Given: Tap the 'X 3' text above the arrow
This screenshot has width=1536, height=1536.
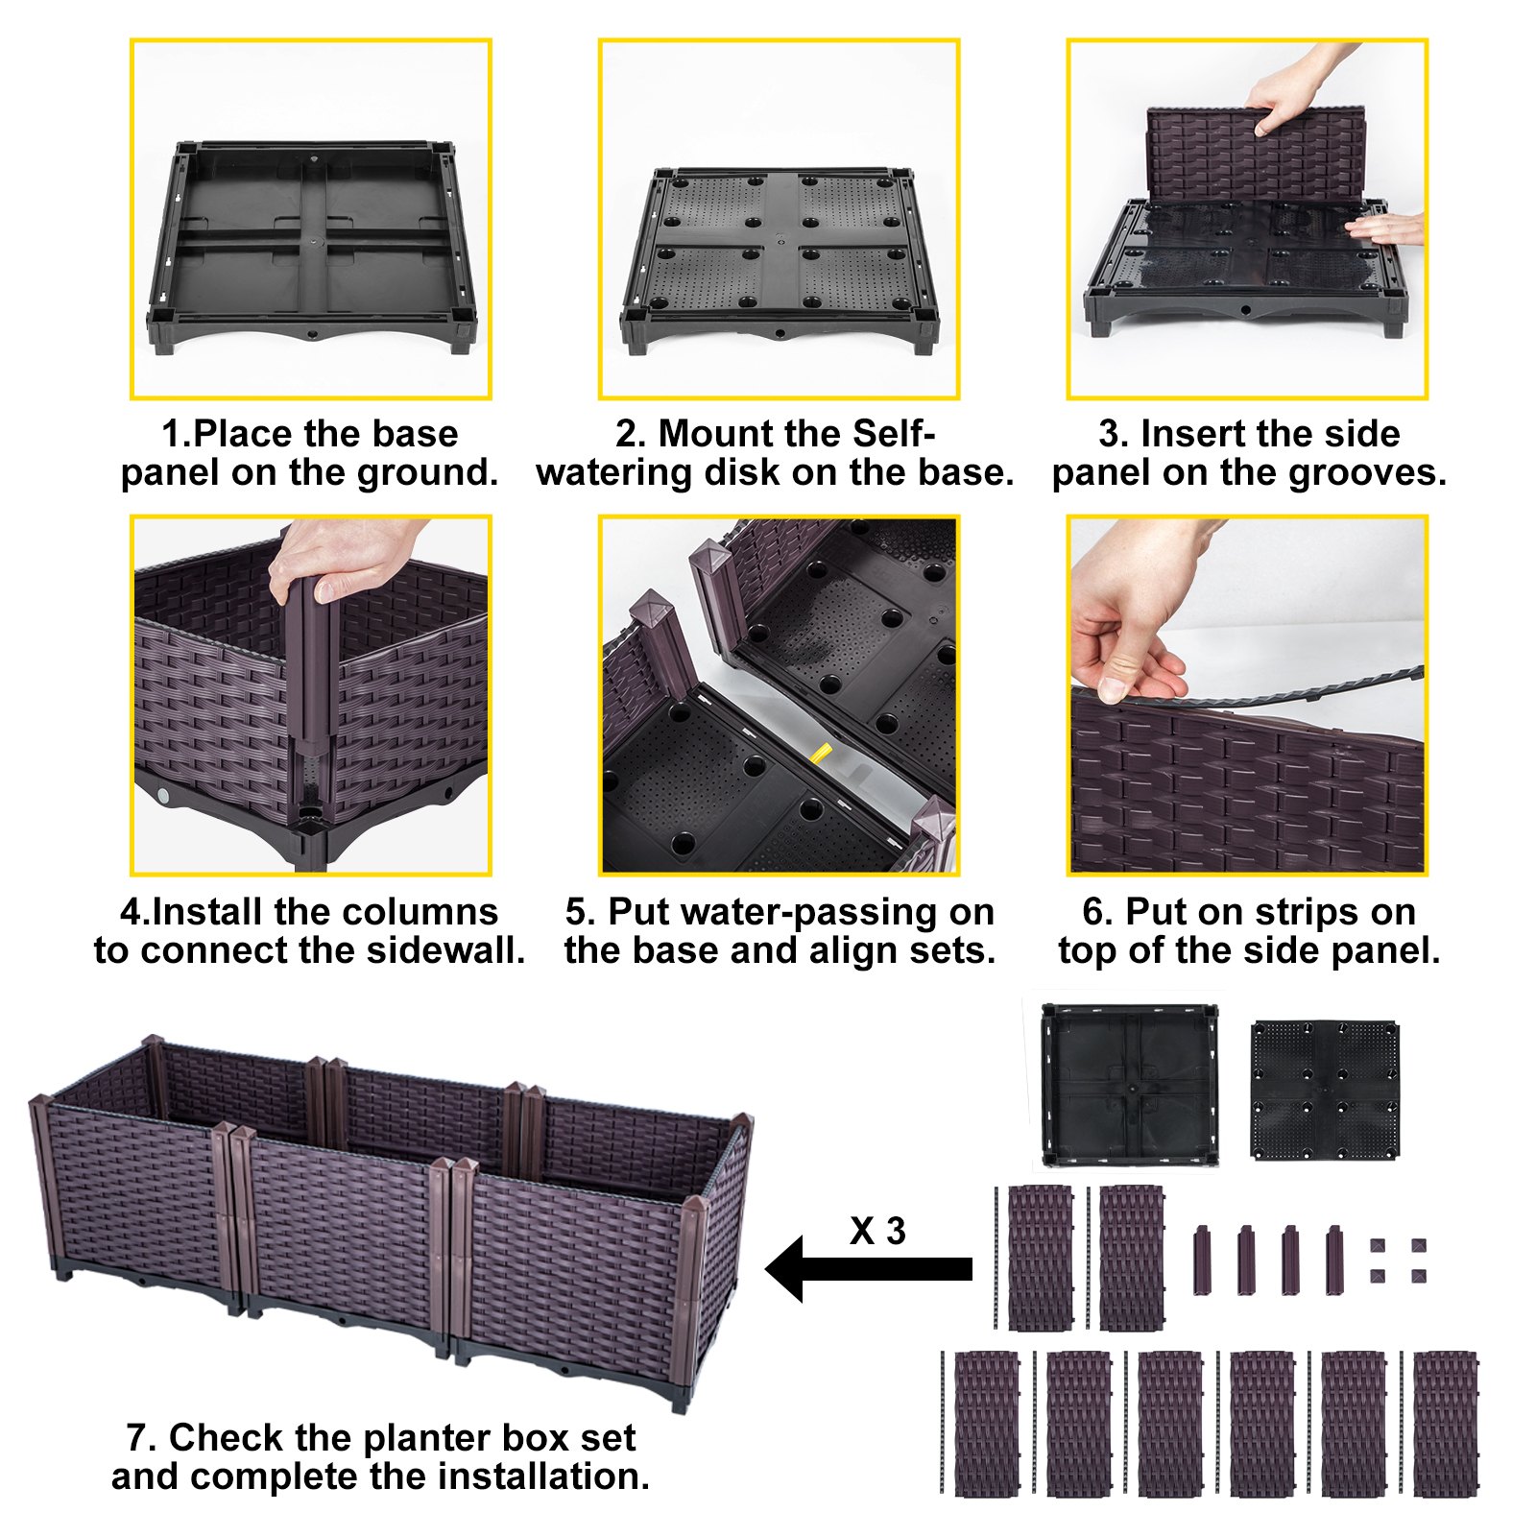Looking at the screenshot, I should (877, 1231).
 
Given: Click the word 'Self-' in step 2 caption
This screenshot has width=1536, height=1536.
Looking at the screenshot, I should (893, 434).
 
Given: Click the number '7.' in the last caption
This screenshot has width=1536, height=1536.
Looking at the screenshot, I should (141, 1438).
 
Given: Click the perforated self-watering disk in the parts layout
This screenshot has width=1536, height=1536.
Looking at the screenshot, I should (1324, 1090).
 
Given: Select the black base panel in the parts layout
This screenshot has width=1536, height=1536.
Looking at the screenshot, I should (1130, 1085).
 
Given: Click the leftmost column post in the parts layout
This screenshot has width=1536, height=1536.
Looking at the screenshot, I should (1202, 1260).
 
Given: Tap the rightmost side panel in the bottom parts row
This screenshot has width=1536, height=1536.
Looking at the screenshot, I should (1445, 1424).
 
